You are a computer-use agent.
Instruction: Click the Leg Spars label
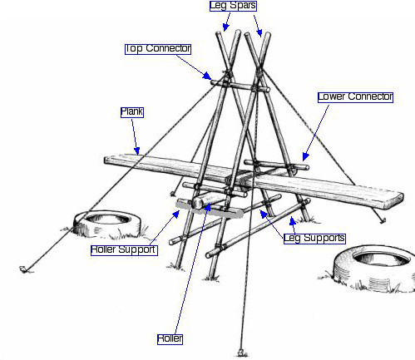point(233,6)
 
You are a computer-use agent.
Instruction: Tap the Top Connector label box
point(158,49)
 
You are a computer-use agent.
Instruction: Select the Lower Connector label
point(355,97)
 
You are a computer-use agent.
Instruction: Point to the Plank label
point(132,112)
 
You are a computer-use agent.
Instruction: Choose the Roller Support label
point(124,250)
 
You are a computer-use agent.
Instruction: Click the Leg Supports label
point(314,239)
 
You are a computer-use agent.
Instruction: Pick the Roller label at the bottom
point(170,339)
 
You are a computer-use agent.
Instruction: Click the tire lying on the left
point(107,224)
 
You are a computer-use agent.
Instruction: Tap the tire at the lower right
point(374,268)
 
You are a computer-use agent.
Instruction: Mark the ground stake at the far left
point(23,269)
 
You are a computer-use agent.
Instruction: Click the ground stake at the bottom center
point(241,353)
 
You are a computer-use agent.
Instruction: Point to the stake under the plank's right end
point(383,220)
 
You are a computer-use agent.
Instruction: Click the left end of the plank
point(106,160)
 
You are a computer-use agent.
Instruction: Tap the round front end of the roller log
point(198,203)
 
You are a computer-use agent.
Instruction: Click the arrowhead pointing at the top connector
point(207,76)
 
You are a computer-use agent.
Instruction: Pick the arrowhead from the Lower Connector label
point(305,156)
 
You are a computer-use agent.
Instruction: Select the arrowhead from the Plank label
point(137,151)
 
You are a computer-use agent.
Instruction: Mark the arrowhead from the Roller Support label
point(176,215)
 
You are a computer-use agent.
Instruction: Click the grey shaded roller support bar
point(210,210)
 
